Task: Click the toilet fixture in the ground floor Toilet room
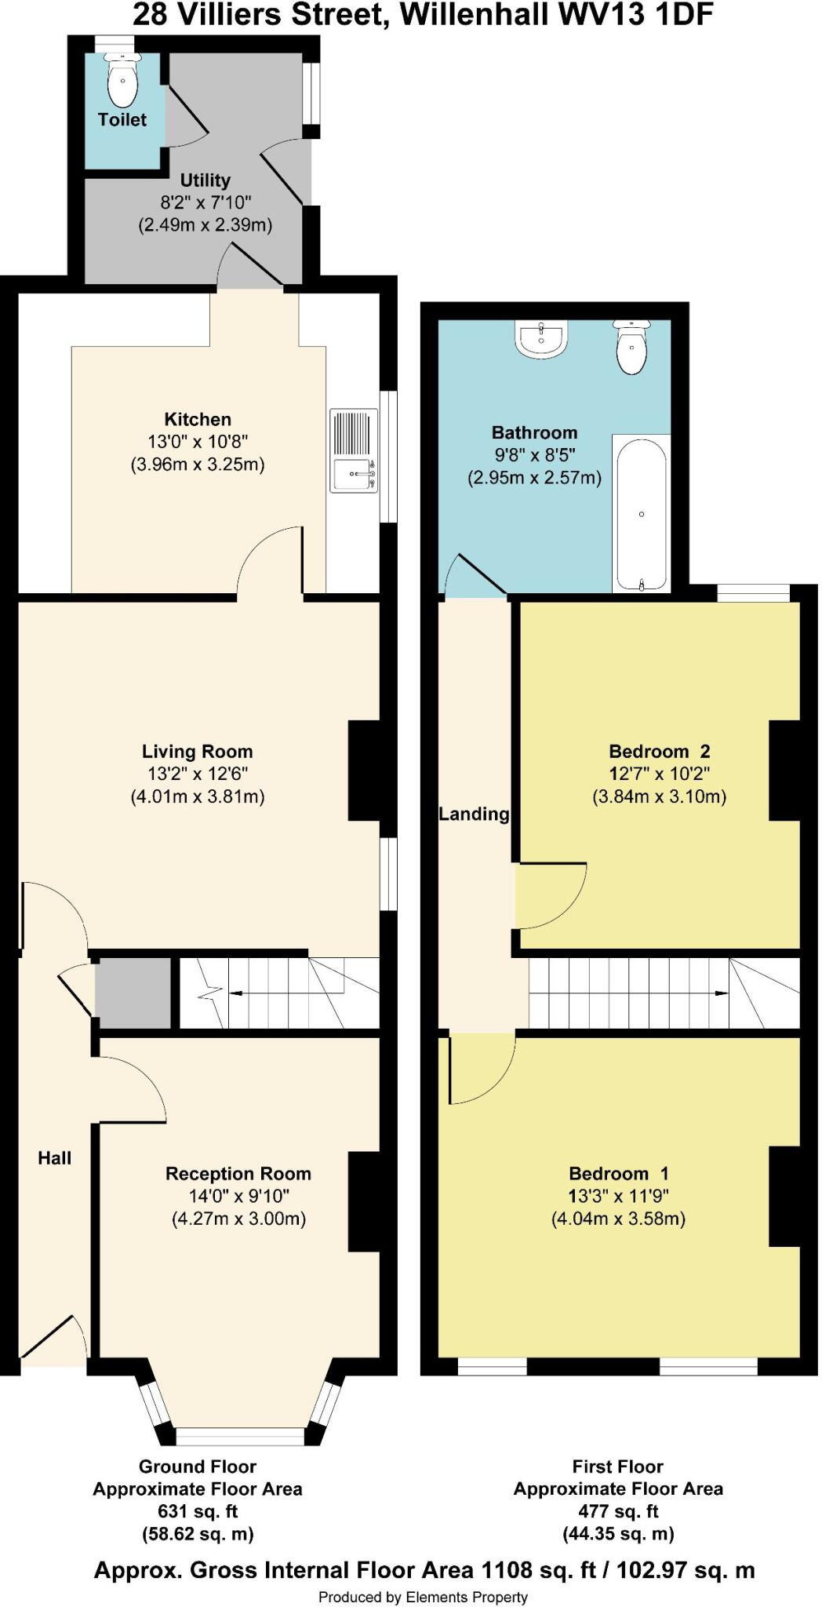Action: (122, 82)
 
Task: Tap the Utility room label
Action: (205, 180)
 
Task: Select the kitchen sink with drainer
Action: (354, 450)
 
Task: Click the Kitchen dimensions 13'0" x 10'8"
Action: (198, 442)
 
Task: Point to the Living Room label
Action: (197, 751)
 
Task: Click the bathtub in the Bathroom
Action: (642, 514)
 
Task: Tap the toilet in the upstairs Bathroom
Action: (631, 348)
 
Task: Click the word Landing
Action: (474, 814)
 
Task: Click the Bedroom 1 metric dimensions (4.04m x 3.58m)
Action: (618, 1219)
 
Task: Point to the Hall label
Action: (55, 1157)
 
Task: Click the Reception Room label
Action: (238, 1174)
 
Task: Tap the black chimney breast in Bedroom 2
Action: (784, 771)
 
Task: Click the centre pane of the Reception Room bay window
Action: (239, 1436)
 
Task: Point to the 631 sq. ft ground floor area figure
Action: (198, 1511)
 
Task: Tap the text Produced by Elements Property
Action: (423, 1597)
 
